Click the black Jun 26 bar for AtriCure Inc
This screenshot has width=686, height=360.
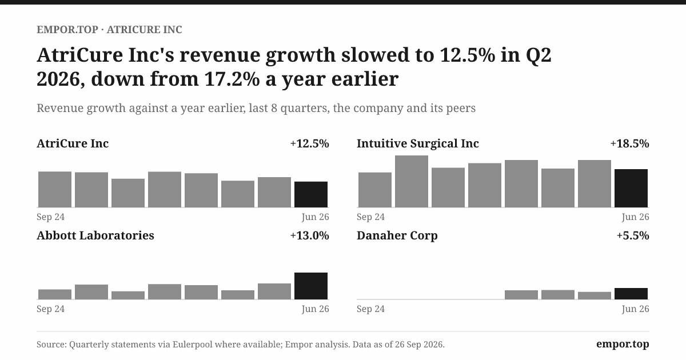[x=311, y=194]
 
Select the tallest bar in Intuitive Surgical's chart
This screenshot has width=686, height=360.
[x=411, y=181]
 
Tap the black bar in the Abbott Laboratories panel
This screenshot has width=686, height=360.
[x=311, y=286]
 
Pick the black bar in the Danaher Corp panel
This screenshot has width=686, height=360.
[x=631, y=294]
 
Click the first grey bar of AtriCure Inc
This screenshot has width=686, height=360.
[x=55, y=190]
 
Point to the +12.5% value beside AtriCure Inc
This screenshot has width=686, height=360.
[x=310, y=143]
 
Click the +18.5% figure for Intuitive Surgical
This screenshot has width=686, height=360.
[x=629, y=143]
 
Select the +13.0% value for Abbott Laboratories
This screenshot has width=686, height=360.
[x=310, y=235]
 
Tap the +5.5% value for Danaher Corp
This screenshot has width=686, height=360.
[x=633, y=235]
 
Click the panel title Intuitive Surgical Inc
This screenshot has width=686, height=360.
[x=418, y=144]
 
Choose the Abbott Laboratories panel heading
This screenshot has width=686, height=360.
[x=95, y=235]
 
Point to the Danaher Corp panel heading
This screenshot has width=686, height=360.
[x=397, y=236]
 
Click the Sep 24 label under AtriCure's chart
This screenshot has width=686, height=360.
[x=50, y=217]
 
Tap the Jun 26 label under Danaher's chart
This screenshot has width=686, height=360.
[x=636, y=309]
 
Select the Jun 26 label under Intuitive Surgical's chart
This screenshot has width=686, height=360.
[x=636, y=217]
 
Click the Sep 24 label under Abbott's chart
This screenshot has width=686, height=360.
[x=50, y=309]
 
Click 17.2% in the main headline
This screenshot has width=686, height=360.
[x=232, y=79]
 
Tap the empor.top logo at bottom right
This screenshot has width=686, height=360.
[x=623, y=345]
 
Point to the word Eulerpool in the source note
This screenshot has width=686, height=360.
[x=192, y=345]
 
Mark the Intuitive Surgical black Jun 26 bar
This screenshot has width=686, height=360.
[x=631, y=188]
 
